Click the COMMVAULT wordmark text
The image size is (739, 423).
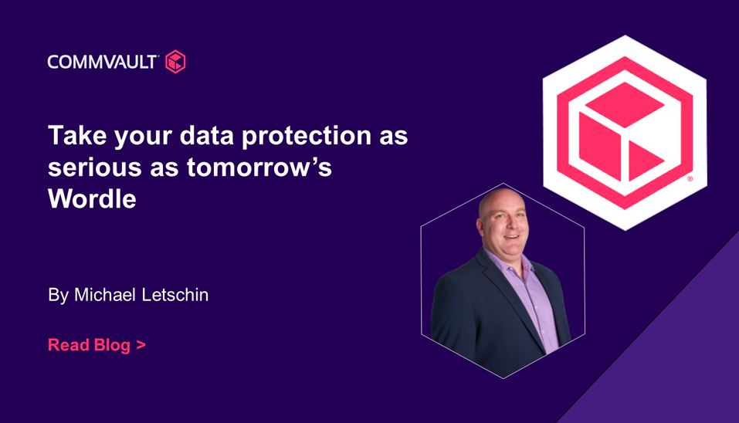[x=102, y=62]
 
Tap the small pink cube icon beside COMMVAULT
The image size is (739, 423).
[x=175, y=62]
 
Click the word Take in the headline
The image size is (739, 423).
[x=77, y=136]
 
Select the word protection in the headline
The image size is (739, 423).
[x=307, y=137]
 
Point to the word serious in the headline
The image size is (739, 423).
[x=95, y=168]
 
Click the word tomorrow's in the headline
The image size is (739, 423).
[x=259, y=167]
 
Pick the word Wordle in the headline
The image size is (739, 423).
[x=92, y=199]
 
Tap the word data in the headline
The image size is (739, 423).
[x=207, y=136]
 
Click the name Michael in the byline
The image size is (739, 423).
[x=105, y=295]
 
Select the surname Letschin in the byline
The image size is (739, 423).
[x=175, y=295]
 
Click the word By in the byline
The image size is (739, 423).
[x=59, y=296]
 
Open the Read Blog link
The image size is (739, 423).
[x=97, y=345]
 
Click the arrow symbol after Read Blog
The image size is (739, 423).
[x=141, y=345]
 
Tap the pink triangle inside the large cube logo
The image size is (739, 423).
[x=644, y=161]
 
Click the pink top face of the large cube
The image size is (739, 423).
[x=625, y=104]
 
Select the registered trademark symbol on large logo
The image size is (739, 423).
[x=690, y=179]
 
